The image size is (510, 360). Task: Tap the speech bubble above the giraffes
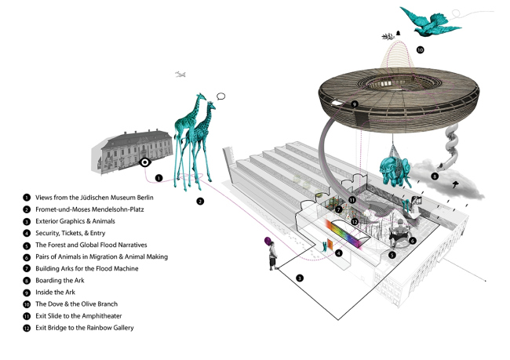(221, 96)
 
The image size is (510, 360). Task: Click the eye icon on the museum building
(144, 163)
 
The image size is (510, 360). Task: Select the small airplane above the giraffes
(181, 75)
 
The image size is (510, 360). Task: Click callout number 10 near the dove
(420, 49)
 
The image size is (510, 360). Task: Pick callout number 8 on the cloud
(434, 177)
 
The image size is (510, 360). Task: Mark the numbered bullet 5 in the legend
(27, 245)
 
